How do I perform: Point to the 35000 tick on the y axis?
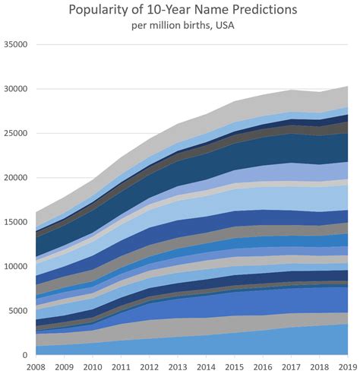pos(15,45)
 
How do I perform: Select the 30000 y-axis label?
pos(15,89)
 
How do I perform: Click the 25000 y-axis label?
pos(15,133)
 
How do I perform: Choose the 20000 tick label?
pos(15,177)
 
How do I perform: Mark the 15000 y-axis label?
pos(15,222)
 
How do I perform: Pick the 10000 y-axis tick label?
pos(15,266)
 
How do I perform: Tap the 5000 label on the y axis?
pos(17,310)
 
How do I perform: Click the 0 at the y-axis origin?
pos(26,355)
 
